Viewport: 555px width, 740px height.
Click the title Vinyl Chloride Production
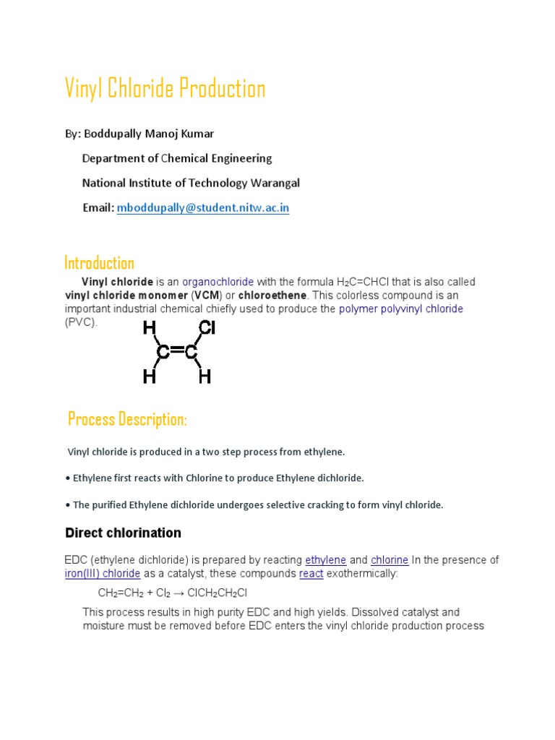coord(165,89)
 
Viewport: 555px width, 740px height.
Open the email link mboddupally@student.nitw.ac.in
coord(203,208)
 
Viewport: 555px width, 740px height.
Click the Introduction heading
coord(99,262)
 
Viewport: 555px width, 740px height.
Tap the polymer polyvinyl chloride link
coord(401,309)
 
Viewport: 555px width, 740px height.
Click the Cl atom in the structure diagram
coord(207,329)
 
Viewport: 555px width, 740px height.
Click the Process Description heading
coord(127,419)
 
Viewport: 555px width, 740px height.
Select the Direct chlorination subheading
coord(123,533)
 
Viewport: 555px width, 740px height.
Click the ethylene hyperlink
coord(326,560)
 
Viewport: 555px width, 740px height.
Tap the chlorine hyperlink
coord(390,560)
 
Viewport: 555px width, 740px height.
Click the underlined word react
coord(311,574)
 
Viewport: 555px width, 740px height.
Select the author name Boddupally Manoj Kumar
coord(149,134)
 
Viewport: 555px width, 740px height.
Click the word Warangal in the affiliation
coord(274,183)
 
